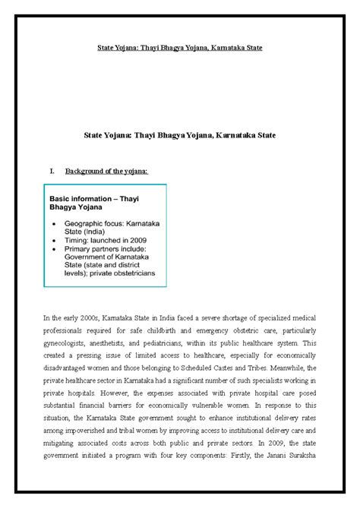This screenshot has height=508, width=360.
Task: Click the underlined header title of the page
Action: coord(180,47)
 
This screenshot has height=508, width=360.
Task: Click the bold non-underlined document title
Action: coord(179,134)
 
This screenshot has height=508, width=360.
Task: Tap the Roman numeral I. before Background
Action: coord(52,172)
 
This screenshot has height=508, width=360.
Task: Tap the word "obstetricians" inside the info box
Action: coord(132,271)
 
